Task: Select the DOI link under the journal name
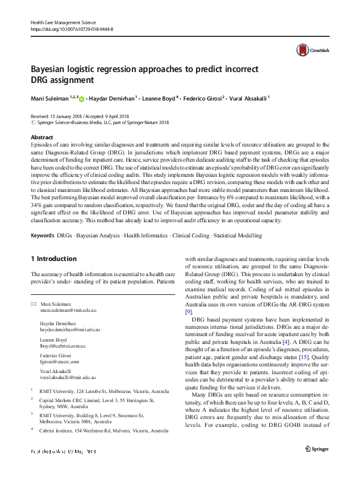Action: click(x=71, y=28)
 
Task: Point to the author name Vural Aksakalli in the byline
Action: click(x=248, y=97)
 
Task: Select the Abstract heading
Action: click(x=42, y=137)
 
